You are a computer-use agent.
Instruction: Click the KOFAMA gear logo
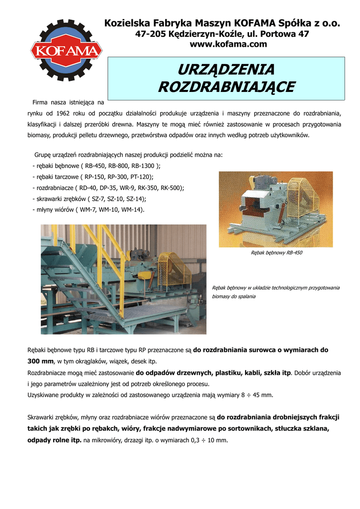(x=67, y=51)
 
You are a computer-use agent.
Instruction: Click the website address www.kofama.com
(x=228, y=44)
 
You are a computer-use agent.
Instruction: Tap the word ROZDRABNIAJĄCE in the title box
(x=226, y=87)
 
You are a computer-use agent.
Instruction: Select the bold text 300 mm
(x=40, y=361)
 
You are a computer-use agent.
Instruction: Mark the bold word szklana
(x=315, y=428)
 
